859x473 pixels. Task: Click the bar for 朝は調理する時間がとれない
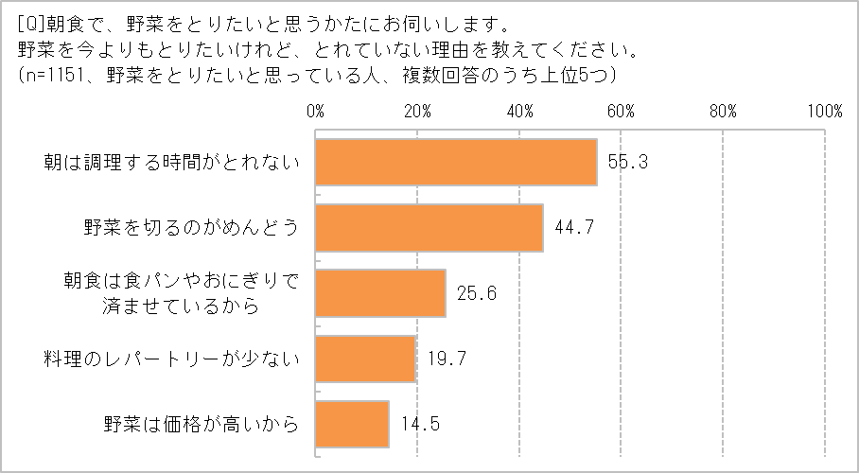456,162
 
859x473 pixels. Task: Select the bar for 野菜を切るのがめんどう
429,227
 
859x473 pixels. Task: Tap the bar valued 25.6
380,293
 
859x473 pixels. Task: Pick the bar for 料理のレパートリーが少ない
365,359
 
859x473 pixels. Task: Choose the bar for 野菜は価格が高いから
352,424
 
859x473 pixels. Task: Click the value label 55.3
627,162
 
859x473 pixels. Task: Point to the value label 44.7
573,227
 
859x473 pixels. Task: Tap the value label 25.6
476,293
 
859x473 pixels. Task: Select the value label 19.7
446,359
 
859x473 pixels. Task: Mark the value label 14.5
419,424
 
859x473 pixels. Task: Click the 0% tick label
316,111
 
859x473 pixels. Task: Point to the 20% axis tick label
417,111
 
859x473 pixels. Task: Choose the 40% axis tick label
519,111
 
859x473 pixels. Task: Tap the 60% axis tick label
621,111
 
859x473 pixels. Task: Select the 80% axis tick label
723,111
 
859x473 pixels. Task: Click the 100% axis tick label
822,111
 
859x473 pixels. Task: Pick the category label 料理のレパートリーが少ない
171,359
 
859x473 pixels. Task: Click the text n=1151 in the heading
60,72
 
